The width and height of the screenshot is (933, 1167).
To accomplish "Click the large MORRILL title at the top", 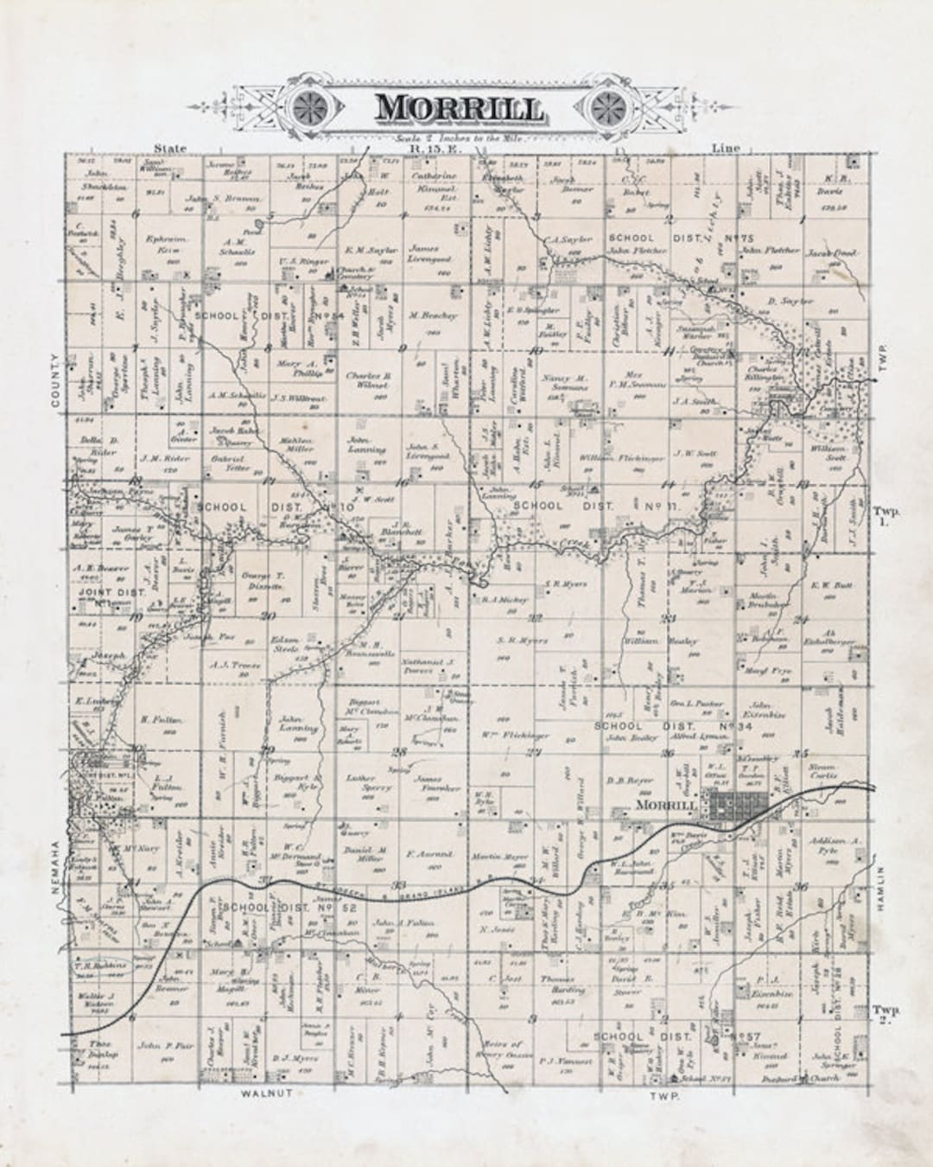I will click(x=459, y=108).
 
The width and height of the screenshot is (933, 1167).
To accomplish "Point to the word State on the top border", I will click(x=170, y=149).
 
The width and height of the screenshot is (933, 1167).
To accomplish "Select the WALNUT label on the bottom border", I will click(x=263, y=1094).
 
